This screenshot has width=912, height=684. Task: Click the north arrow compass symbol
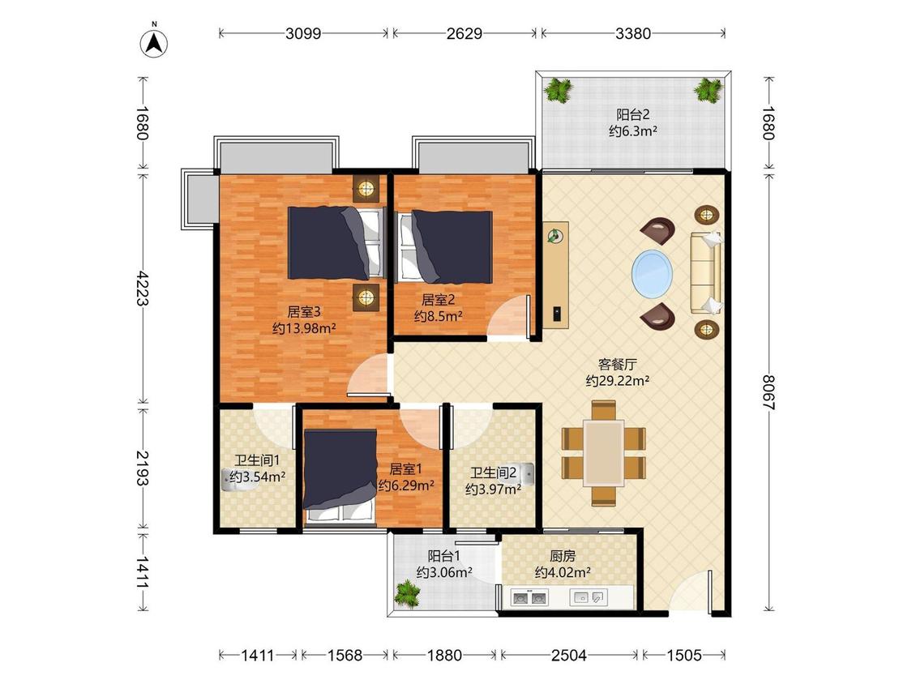(154, 42)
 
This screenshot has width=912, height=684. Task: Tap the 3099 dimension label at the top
(303, 33)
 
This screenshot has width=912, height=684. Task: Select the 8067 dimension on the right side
(769, 392)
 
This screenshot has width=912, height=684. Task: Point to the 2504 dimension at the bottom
(569, 656)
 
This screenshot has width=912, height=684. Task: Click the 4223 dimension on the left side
(143, 288)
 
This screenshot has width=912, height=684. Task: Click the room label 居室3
(304, 312)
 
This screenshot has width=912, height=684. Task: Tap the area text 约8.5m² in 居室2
(439, 316)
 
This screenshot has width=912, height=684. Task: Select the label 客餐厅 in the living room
(618, 365)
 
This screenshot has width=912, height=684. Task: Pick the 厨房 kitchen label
(563, 557)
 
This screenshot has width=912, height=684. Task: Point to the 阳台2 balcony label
(633, 115)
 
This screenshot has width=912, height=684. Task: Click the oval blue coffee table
(653, 273)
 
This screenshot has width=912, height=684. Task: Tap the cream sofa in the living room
(706, 273)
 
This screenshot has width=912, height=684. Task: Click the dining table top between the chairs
(604, 453)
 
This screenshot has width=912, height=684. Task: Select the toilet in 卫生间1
(236, 481)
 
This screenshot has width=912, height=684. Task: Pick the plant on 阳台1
(407, 594)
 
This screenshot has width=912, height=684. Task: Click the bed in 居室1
(340, 475)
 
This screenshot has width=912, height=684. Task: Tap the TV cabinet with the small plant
(557, 275)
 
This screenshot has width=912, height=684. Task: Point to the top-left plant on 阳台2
(559, 90)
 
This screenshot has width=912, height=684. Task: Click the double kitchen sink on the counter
(529, 597)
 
